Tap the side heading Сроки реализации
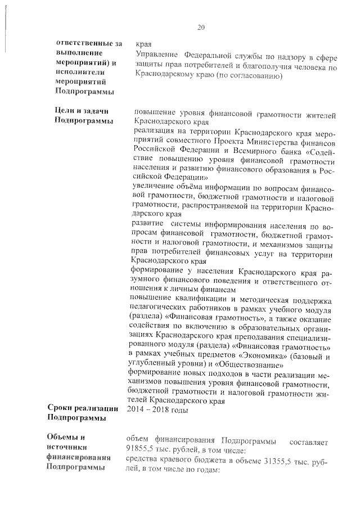(x=83, y=409)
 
